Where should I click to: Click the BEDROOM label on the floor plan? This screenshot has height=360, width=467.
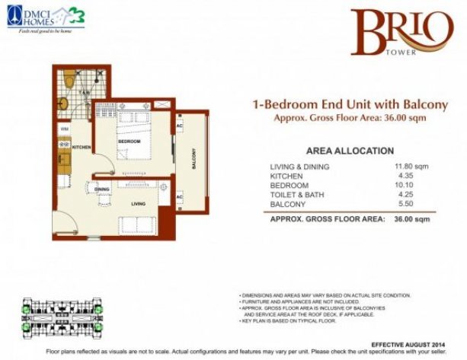click(128, 142)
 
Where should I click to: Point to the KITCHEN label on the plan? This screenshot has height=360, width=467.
click(82, 147)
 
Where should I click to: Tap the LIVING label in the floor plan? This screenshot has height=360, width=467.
click(139, 203)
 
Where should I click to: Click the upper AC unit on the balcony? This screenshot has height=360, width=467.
click(180, 125)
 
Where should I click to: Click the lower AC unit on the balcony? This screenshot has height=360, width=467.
click(180, 198)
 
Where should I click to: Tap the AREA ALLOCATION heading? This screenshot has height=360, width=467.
click(350, 151)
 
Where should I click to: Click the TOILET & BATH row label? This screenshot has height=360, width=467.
click(296, 195)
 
